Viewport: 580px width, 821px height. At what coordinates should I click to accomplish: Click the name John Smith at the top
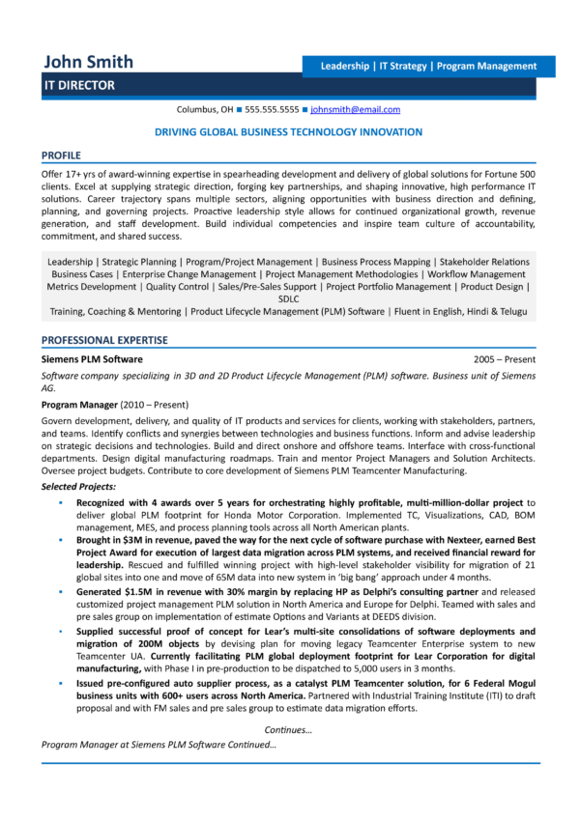pos(88,63)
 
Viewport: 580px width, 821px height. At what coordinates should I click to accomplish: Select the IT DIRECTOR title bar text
pos(80,86)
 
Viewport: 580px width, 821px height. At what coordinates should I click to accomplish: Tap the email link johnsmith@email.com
pos(355,110)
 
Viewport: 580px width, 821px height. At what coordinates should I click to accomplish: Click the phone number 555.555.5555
pos(272,110)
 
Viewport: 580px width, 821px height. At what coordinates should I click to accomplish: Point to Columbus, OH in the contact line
pos(206,110)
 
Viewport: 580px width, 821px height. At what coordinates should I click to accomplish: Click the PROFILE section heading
pos(61,155)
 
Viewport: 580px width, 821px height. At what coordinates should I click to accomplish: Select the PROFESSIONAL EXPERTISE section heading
pos(104,340)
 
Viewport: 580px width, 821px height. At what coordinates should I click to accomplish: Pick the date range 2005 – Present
pos(505,359)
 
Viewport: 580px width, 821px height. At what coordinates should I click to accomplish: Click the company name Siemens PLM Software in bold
pos(92,359)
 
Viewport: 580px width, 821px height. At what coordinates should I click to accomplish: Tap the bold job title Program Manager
pos(79,405)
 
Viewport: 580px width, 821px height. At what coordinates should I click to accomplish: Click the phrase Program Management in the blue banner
pos(486,67)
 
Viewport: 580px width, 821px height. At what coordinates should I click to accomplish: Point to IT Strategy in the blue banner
pos(403,67)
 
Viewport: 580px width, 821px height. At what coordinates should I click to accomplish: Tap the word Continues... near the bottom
pos(289,730)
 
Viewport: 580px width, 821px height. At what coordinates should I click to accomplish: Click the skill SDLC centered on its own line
pos(289,299)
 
